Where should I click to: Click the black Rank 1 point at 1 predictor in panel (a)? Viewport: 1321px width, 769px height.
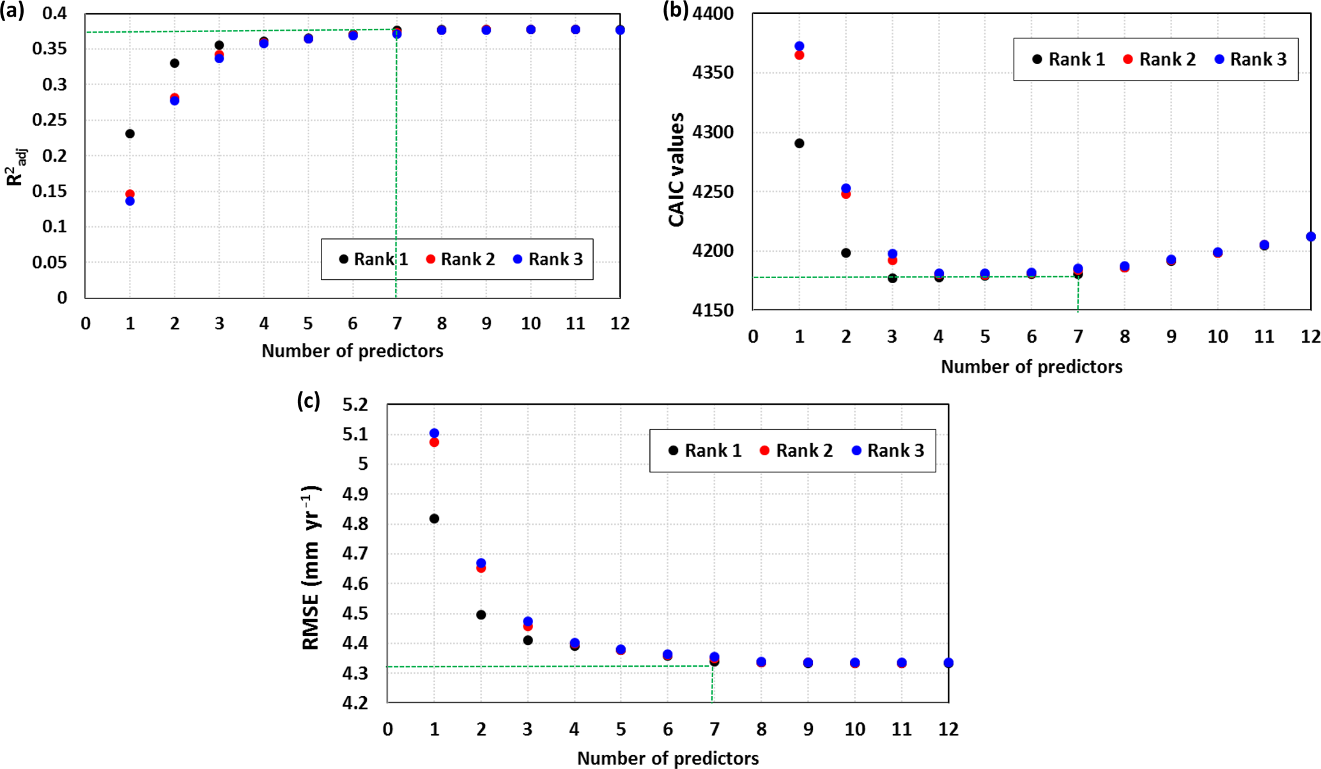130,134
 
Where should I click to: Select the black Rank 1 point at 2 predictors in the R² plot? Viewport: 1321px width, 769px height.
174,63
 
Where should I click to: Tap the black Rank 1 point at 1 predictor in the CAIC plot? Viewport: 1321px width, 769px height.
800,143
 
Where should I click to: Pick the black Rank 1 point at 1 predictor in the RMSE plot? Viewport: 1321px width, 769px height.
435,518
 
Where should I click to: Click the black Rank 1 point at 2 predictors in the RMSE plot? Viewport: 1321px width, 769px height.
481,615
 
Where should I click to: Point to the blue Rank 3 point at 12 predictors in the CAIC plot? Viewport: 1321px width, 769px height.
1311,237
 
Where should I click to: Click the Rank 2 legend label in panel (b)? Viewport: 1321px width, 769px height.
1167,59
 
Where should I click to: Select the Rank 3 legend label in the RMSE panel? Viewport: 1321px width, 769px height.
895,451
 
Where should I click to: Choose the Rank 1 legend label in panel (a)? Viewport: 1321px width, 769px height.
380,259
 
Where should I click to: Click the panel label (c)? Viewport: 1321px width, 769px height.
309,401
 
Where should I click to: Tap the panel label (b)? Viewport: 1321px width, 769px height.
676,10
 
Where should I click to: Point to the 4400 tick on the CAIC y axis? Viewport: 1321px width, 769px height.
713,13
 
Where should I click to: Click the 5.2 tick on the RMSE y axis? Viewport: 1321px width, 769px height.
355,405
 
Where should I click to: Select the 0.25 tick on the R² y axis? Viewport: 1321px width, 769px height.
50,120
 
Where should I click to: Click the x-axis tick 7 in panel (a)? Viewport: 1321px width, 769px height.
397,323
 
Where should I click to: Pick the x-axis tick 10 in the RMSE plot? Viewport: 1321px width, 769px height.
854,729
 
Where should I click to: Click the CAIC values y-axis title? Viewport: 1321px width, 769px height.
676,169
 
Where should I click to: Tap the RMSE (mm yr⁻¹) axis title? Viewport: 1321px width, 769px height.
311,568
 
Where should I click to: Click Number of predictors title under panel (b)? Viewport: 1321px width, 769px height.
1031,367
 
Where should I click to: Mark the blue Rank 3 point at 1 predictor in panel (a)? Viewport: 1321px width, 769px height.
130,201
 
